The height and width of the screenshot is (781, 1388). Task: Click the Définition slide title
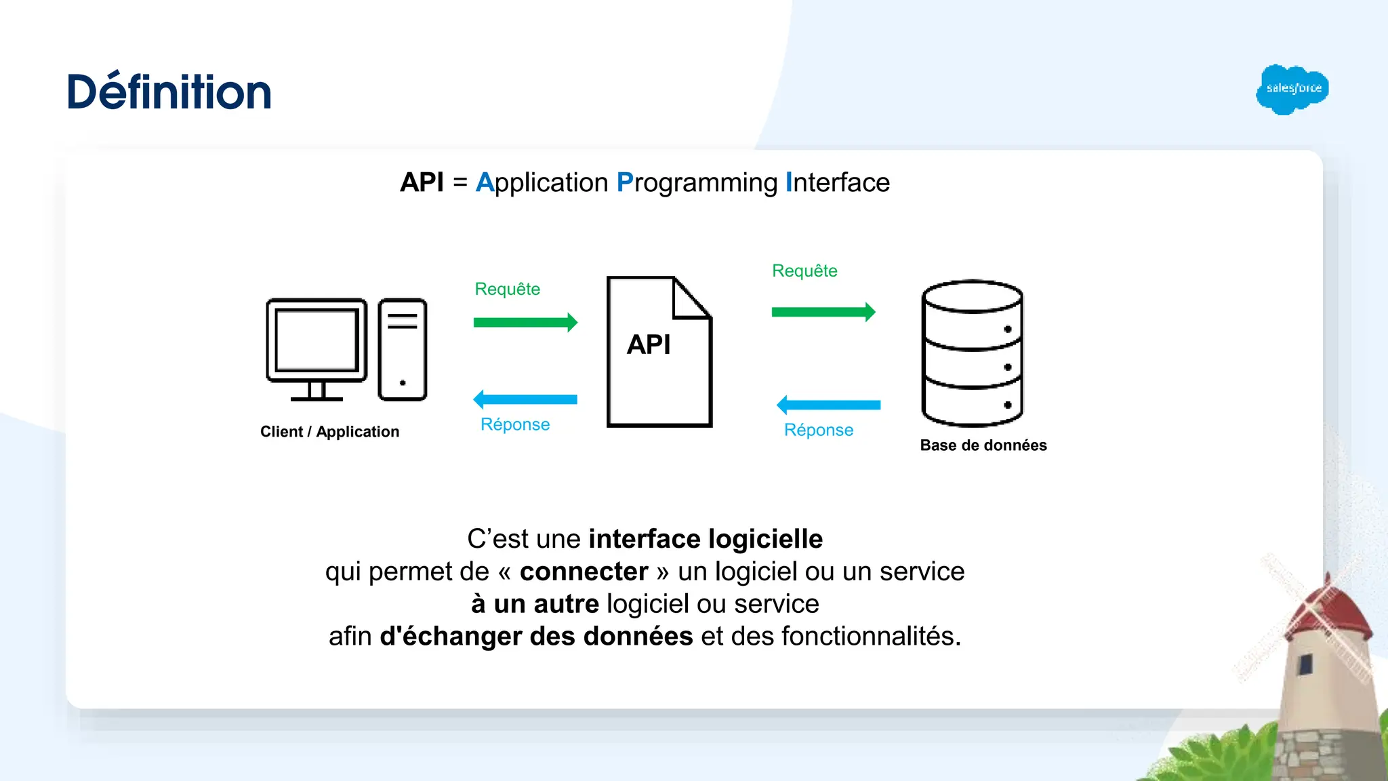pos(169,92)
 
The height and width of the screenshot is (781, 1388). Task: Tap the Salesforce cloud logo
pos(1292,89)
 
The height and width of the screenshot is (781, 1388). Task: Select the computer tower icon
pos(403,349)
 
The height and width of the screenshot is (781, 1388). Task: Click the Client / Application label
pos(329,432)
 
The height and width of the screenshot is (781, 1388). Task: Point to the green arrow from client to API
pos(525,322)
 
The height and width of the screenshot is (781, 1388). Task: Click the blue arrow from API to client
pos(525,399)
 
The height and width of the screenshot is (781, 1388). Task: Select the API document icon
pos(659,352)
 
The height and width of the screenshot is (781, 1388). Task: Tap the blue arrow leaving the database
pos(828,405)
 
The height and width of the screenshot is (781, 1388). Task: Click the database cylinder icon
pos(972,353)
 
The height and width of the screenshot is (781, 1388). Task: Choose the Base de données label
pos(983,445)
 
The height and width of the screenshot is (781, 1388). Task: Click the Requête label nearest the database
pos(804,271)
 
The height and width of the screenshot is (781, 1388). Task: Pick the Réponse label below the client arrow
pos(515,424)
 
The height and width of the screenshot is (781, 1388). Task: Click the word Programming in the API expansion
pos(697,183)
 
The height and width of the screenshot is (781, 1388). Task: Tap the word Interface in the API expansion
pos(838,183)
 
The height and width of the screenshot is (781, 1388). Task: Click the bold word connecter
pos(584,572)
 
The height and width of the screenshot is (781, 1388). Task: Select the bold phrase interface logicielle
pos(706,539)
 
